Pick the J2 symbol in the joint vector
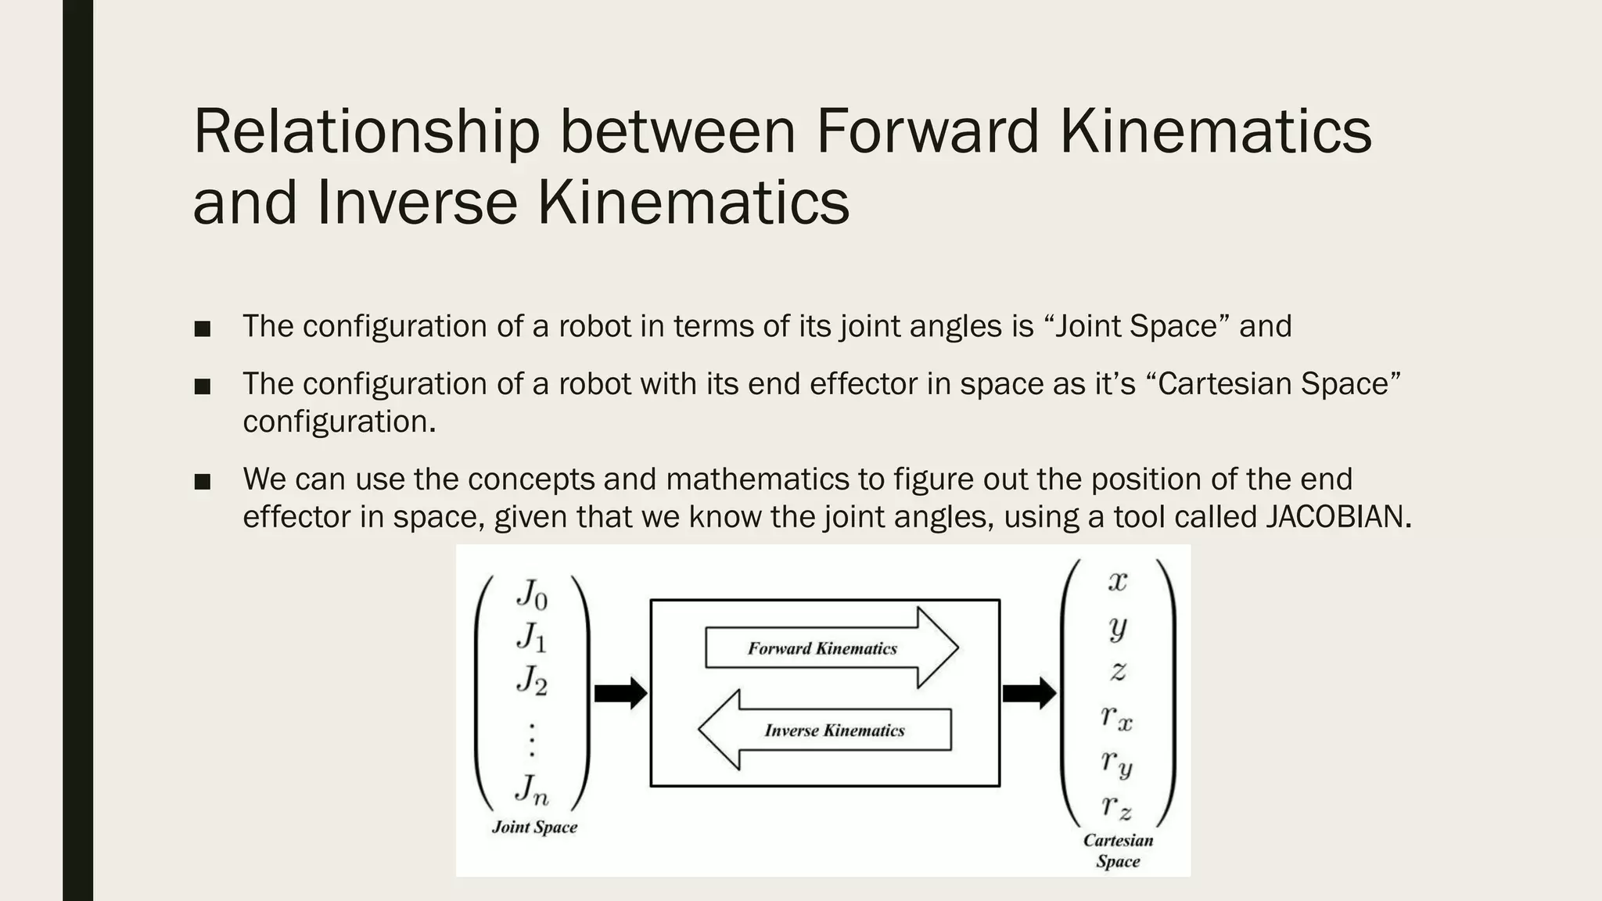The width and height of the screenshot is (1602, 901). tap(532, 680)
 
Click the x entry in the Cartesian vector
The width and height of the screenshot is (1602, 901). tap(1118, 581)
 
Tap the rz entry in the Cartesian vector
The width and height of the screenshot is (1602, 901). tap(1117, 806)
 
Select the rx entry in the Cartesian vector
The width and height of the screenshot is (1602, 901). tap(1117, 716)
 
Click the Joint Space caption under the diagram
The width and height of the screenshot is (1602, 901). tap(534, 827)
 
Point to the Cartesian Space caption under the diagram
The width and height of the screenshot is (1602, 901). tap(1118, 851)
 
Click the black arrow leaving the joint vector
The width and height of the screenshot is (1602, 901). tap(620, 693)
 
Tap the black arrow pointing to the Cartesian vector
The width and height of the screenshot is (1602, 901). tap(1029, 693)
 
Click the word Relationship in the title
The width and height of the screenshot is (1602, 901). tap(366, 131)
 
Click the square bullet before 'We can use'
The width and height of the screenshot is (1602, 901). tap(203, 482)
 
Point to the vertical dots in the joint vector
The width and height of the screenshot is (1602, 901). tap(532, 739)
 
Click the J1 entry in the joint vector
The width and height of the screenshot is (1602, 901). tap(532, 637)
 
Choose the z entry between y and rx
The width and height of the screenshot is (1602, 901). tap(1118, 671)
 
